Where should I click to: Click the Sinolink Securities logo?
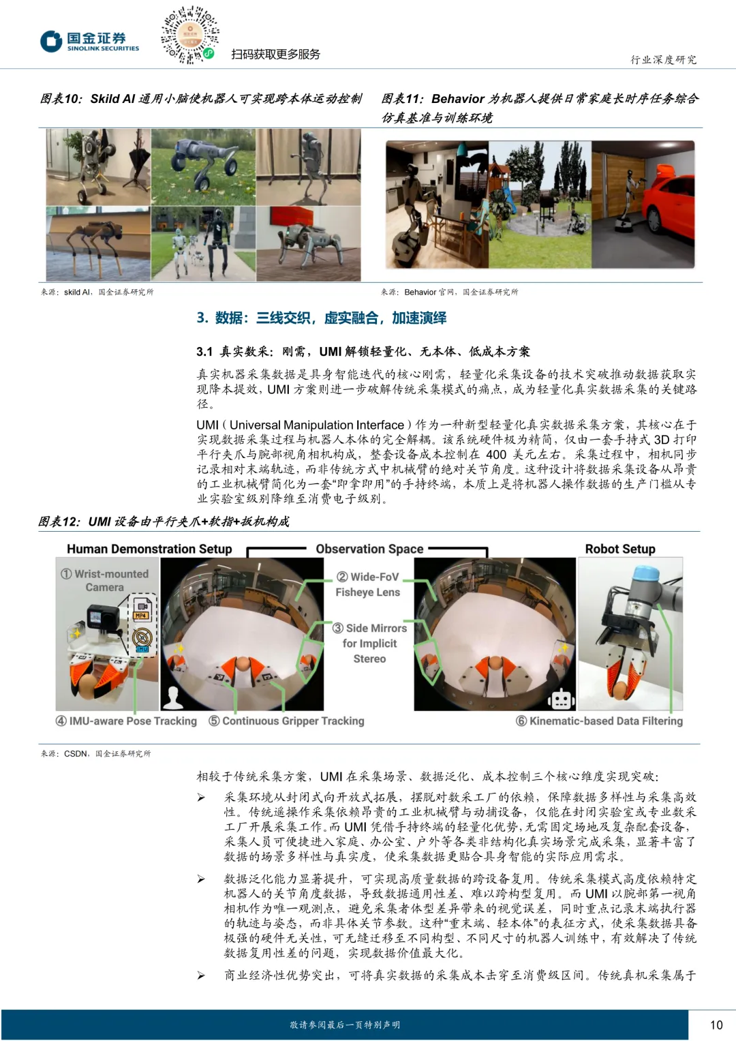click(x=90, y=41)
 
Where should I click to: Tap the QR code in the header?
click(x=189, y=35)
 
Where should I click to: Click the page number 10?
click(x=716, y=1025)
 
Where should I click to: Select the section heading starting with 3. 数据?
click(x=321, y=318)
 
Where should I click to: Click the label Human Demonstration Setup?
click(x=149, y=549)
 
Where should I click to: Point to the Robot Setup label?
click(x=620, y=549)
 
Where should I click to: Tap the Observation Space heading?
click(x=369, y=549)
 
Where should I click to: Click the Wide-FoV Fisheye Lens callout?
click(x=367, y=584)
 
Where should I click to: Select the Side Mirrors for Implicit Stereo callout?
click(x=369, y=643)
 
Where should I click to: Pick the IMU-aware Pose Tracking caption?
click(x=126, y=721)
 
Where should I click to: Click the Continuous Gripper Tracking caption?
click(x=286, y=721)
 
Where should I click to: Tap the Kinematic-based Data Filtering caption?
click(x=600, y=721)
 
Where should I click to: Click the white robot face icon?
click(x=561, y=699)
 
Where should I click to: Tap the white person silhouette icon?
click(x=173, y=697)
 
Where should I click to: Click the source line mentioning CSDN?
click(x=95, y=753)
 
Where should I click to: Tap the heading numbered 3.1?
click(x=363, y=351)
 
